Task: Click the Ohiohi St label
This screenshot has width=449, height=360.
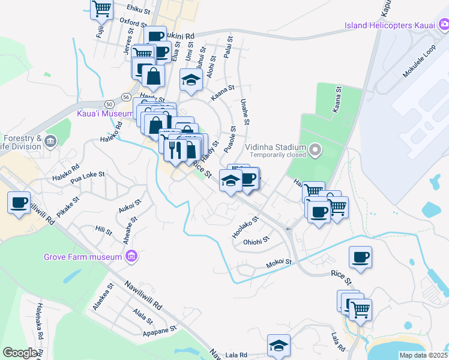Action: coord(256,241)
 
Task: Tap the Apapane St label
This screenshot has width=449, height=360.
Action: coord(160,329)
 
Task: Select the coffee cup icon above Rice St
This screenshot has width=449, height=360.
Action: coord(360,257)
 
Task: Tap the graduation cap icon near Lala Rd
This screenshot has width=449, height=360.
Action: coord(279,345)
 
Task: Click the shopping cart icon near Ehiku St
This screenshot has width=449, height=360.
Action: coord(102,8)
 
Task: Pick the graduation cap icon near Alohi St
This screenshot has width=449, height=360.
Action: coord(191,80)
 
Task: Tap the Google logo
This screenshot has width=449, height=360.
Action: coord(20,353)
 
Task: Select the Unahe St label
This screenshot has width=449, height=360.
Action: coord(244,112)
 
